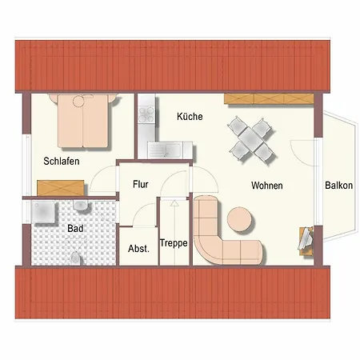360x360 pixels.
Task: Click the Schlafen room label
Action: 62,161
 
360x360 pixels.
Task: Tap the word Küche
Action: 190,116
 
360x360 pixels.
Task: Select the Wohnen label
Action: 267,186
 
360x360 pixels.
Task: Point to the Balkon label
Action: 338,186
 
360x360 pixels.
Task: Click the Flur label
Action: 141,184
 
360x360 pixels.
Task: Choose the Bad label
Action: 75,229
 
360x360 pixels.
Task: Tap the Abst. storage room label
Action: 138,249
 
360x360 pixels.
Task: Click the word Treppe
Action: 174,243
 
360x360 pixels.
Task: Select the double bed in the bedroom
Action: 83,121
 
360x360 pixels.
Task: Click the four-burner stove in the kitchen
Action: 146,114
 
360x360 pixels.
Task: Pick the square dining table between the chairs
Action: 251,140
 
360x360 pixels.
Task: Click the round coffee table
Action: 239,219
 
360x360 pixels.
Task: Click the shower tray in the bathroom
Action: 43,212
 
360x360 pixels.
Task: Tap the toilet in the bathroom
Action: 75,258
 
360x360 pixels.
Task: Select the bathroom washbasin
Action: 81,206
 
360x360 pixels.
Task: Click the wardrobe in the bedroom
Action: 61,188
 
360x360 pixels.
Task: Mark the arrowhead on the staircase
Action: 174,203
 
